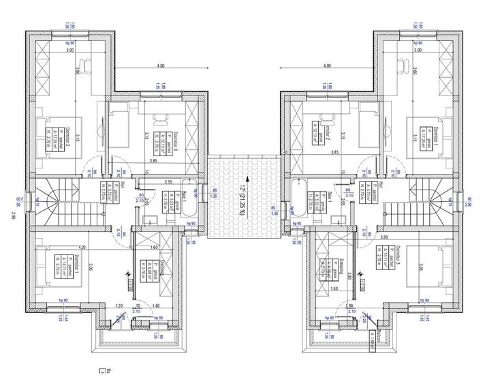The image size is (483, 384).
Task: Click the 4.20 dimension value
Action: pyautogui.click(x=82, y=247)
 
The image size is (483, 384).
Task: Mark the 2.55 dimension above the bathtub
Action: pyautogui.click(x=168, y=182)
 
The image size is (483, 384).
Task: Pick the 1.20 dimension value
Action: pyautogui.click(x=119, y=306)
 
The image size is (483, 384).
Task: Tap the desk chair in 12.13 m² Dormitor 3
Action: pyautogui.click(x=163, y=116)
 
